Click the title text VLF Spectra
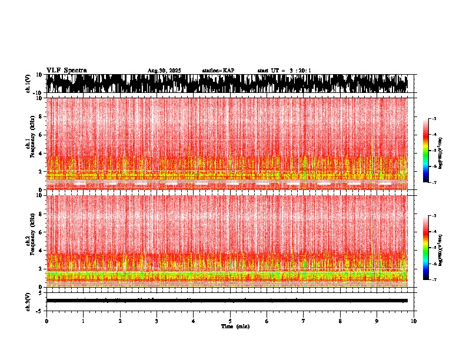(x=66, y=71)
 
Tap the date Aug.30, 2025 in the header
(x=164, y=71)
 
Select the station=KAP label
(x=218, y=71)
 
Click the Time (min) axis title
(x=235, y=326)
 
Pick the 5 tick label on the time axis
(x=230, y=321)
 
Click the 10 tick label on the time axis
(x=414, y=321)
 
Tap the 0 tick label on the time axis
(x=46, y=321)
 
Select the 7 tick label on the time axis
(x=304, y=321)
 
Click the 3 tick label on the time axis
(x=157, y=321)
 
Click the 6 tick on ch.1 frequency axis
(x=40, y=135)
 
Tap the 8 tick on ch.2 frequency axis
(x=40, y=214)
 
